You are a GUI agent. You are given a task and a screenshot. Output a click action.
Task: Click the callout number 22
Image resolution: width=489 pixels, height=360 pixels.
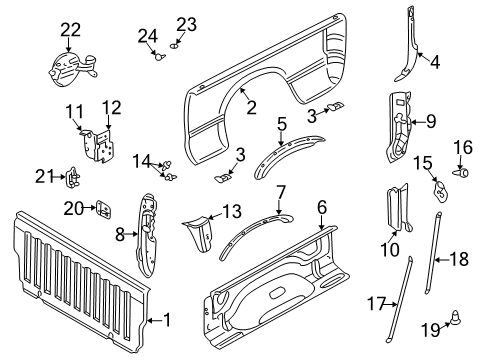click(x=70, y=29)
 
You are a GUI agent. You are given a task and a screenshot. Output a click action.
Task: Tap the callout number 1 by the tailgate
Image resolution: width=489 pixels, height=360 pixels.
click(x=167, y=320)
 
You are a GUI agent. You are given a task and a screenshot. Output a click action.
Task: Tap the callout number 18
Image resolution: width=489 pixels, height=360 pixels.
click(x=458, y=258)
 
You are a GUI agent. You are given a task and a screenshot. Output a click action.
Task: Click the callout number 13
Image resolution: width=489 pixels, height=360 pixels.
click(x=231, y=211)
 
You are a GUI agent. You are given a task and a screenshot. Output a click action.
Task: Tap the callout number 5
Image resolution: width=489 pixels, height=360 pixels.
click(x=282, y=125)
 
